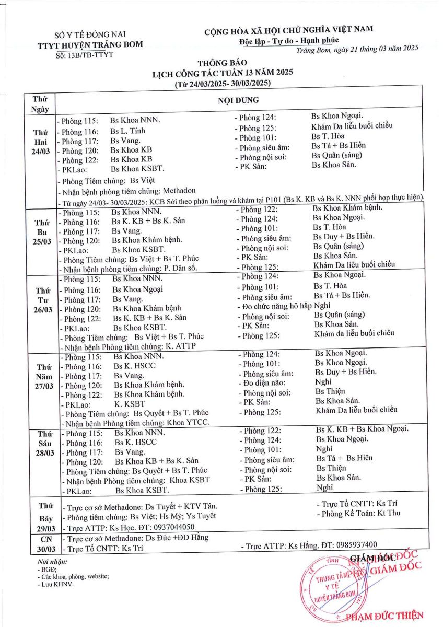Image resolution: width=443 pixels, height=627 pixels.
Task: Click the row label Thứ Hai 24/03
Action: pos(40,141)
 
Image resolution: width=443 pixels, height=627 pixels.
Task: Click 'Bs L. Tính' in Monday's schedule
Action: pos(128,131)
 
